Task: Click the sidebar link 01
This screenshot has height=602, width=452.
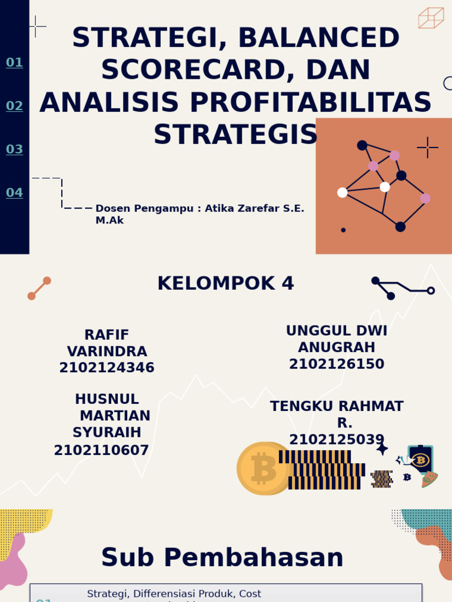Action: point(15,62)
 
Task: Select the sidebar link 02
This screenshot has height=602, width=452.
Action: point(15,106)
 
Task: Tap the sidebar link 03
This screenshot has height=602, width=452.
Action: point(15,149)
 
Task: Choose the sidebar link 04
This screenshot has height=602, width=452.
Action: point(15,192)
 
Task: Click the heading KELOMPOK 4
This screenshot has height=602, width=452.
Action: point(225,283)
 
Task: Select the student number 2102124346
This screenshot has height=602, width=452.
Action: point(107,368)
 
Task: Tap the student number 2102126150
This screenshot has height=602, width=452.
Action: point(337,364)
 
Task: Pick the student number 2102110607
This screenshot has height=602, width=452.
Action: point(101,450)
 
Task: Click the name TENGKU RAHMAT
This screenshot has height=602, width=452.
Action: point(337,406)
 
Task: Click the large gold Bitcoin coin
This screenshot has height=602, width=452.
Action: point(264,469)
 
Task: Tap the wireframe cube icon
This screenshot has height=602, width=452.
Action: point(431,18)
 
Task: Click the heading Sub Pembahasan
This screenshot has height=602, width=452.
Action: point(222,557)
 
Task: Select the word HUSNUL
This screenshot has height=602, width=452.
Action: point(107,399)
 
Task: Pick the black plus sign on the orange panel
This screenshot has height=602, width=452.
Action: point(427,148)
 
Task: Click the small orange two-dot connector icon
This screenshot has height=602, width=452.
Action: point(39,288)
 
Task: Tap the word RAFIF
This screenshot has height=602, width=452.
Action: point(107,335)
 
